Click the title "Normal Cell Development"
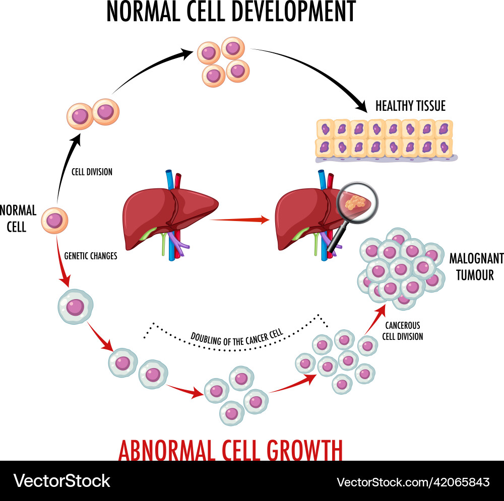pyautogui.click(x=230, y=12)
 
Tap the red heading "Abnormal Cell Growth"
pyautogui.click(x=230, y=450)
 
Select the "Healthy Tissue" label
pyautogui.click(x=410, y=106)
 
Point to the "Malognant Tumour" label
pyautogui.click(x=476, y=266)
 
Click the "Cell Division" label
pyautogui.click(x=92, y=172)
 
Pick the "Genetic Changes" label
pyautogui.click(x=91, y=256)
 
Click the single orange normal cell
pyautogui.click(x=54, y=221)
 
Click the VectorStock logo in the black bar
pyautogui.click(x=61, y=481)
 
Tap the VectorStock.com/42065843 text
pyautogui.click(x=413, y=482)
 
